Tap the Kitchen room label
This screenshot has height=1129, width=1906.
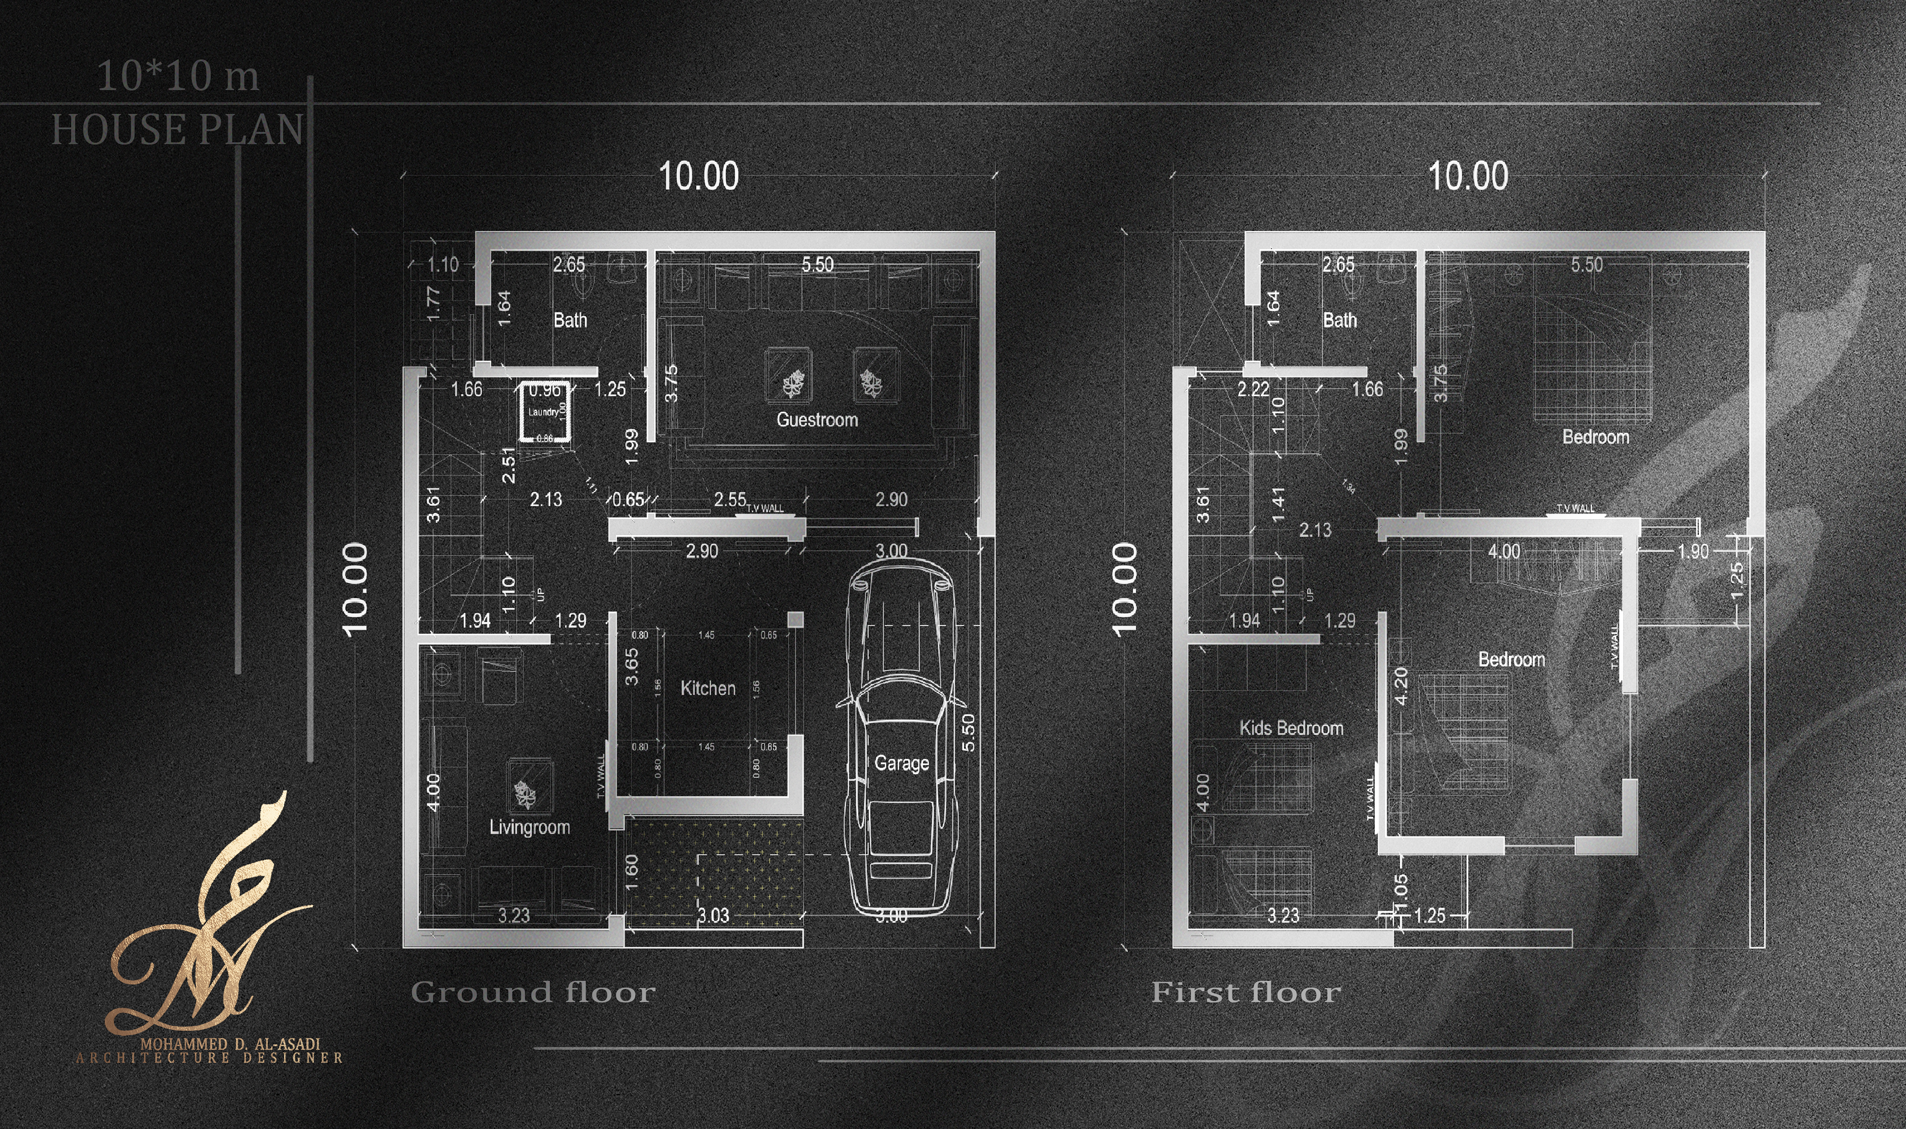coord(707,689)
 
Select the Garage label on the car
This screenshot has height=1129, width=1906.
coord(901,763)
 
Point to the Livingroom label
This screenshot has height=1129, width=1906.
coord(529,827)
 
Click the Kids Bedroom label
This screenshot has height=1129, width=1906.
coord(1291,728)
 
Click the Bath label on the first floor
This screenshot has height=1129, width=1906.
coord(1339,320)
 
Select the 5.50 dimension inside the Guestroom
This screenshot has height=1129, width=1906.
coord(817,265)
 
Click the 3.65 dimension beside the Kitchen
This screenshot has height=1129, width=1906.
coord(631,666)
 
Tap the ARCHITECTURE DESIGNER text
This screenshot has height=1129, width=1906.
coord(209,1058)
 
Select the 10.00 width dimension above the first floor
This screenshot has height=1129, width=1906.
coord(1468,177)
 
